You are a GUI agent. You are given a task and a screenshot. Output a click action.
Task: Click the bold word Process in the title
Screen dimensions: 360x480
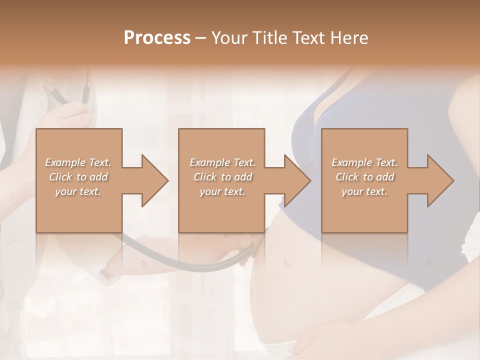click(x=157, y=38)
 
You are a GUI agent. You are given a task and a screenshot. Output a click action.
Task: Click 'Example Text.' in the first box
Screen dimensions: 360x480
click(x=78, y=162)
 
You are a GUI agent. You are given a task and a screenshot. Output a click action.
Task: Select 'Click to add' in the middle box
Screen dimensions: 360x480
click(x=222, y=177)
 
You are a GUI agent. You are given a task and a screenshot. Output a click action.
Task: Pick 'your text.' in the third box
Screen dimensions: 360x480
click(x=364, y=191)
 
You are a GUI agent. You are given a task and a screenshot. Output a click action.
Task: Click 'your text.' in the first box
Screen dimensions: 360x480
click(x=78, y=191)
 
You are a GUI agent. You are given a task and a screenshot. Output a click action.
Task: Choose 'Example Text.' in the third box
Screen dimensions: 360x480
click(x=364, y=162)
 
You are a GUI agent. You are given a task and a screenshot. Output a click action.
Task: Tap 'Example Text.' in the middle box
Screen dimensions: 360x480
click(x=222, y=162)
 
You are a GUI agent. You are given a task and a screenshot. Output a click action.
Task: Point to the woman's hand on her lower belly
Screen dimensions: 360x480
click(x=325, y=340)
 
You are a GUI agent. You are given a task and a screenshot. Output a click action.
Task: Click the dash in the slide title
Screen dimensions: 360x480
click(x=201, y=38)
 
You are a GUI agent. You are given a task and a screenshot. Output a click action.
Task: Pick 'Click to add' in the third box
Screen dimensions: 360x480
click(x=364, y=177)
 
